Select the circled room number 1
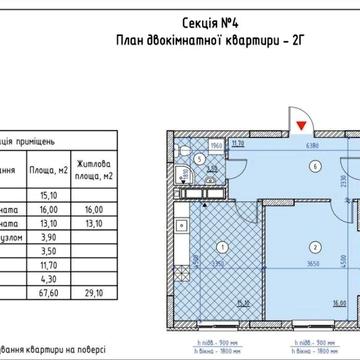click(x=194, y=247)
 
